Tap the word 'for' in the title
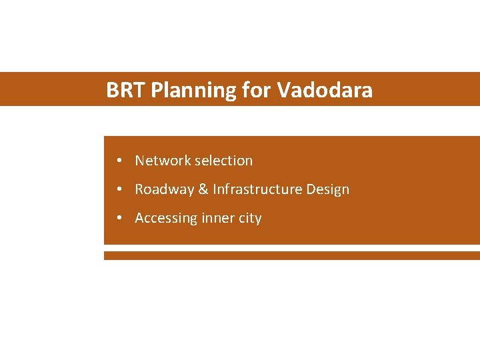[x=257, y=90]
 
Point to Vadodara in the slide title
[x=325, y=90]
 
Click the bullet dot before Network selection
[x=117, y=161]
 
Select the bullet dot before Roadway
[x=117, y=189]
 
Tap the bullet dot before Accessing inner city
[x=117, y=218]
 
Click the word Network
[x=163, y=161]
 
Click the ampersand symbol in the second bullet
[x=203, y=189]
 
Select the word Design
[x=328, y=190]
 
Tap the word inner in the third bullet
[x=218, y=218]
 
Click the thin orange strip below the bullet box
[x=291, y=255]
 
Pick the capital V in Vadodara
[x=283, y=90]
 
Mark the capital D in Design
[x=311, y=189]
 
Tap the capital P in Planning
[x=156, y=90]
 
